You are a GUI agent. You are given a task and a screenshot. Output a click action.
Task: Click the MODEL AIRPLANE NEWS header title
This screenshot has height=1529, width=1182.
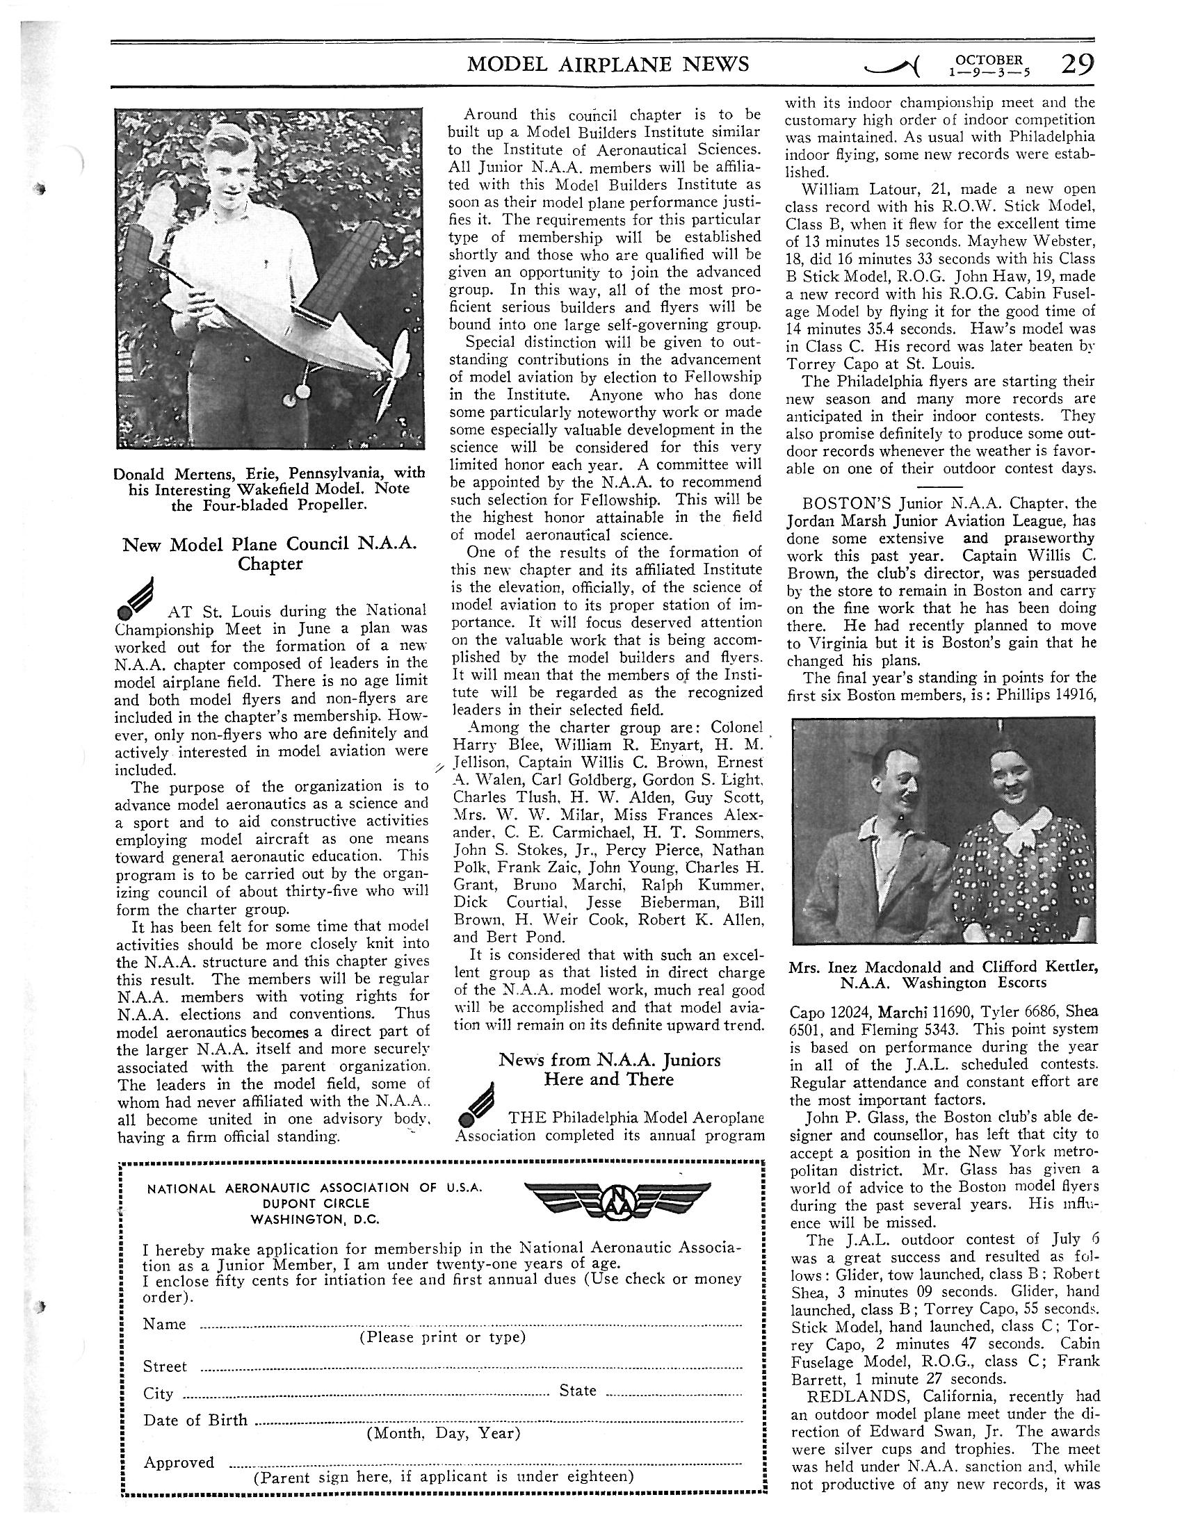click(608, 65)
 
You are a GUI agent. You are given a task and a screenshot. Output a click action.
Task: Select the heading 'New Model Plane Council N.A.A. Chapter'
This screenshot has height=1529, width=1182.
click(270, 554)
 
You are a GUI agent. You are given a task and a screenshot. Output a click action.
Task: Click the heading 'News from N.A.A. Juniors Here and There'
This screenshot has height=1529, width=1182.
click(609, 1069)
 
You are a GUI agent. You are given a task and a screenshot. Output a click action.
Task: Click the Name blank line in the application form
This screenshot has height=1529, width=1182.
click(471, 1325)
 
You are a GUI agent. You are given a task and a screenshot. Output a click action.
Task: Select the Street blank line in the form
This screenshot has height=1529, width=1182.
click(471, 1367)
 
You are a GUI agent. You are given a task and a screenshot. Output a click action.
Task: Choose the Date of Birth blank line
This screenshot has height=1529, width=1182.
click(497, 1421)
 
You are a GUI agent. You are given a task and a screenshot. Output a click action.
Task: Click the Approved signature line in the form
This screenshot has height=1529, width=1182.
click(485, 1464)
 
